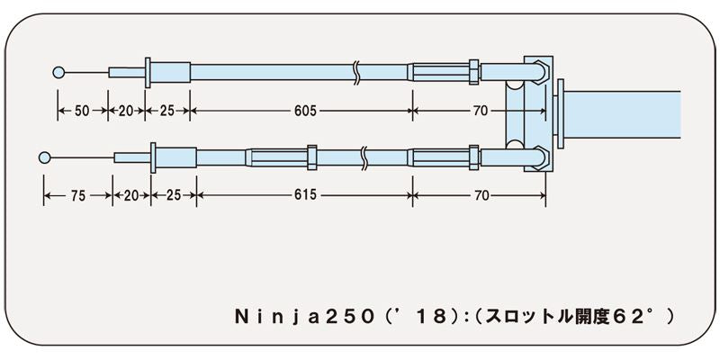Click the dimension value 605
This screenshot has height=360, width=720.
[x=305, y=111]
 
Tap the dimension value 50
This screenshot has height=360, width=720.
[x=82, y=111]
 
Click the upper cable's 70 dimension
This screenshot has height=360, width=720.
[x=480, y=111]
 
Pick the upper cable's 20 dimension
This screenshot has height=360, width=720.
[x=126, y=111]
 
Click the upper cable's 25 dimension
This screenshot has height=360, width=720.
[x=167, y=111]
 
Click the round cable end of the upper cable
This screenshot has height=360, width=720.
[x=60, y=71]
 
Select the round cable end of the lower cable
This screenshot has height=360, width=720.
[x=45, y=157]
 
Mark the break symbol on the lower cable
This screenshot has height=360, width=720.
[x=364, y=157]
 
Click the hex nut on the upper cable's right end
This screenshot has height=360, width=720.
[x=472, y=71]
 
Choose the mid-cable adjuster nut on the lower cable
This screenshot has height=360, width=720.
[x=312, y=157]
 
